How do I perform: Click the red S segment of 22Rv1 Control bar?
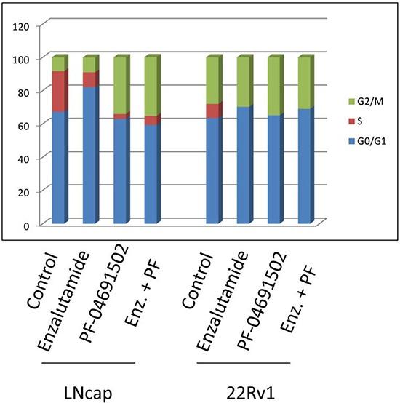pyautogui.click(x=213, y=111)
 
